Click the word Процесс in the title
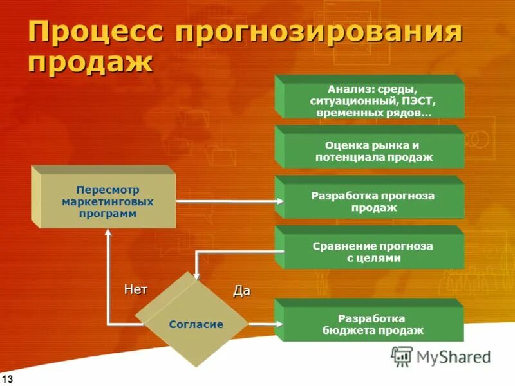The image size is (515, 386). (92, 32)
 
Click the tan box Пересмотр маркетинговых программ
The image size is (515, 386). (106, 202)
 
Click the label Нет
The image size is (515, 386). (135, 289)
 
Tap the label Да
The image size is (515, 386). (241, 291)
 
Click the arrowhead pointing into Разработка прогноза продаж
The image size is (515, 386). (279, 201)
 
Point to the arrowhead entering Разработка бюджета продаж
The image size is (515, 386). (279, 324)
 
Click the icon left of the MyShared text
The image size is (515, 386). (402, 356)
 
